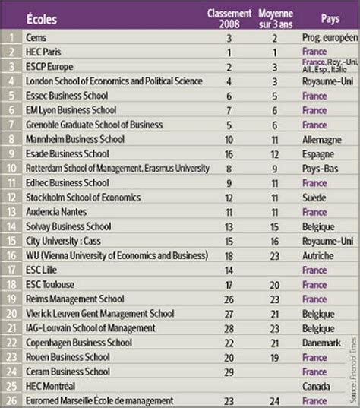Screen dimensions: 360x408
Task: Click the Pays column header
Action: point(329,16)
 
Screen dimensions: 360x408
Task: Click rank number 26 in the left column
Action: point(11,401)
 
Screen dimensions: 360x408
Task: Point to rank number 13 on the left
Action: point(11,213)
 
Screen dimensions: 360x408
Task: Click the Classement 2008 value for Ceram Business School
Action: point(229,372)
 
